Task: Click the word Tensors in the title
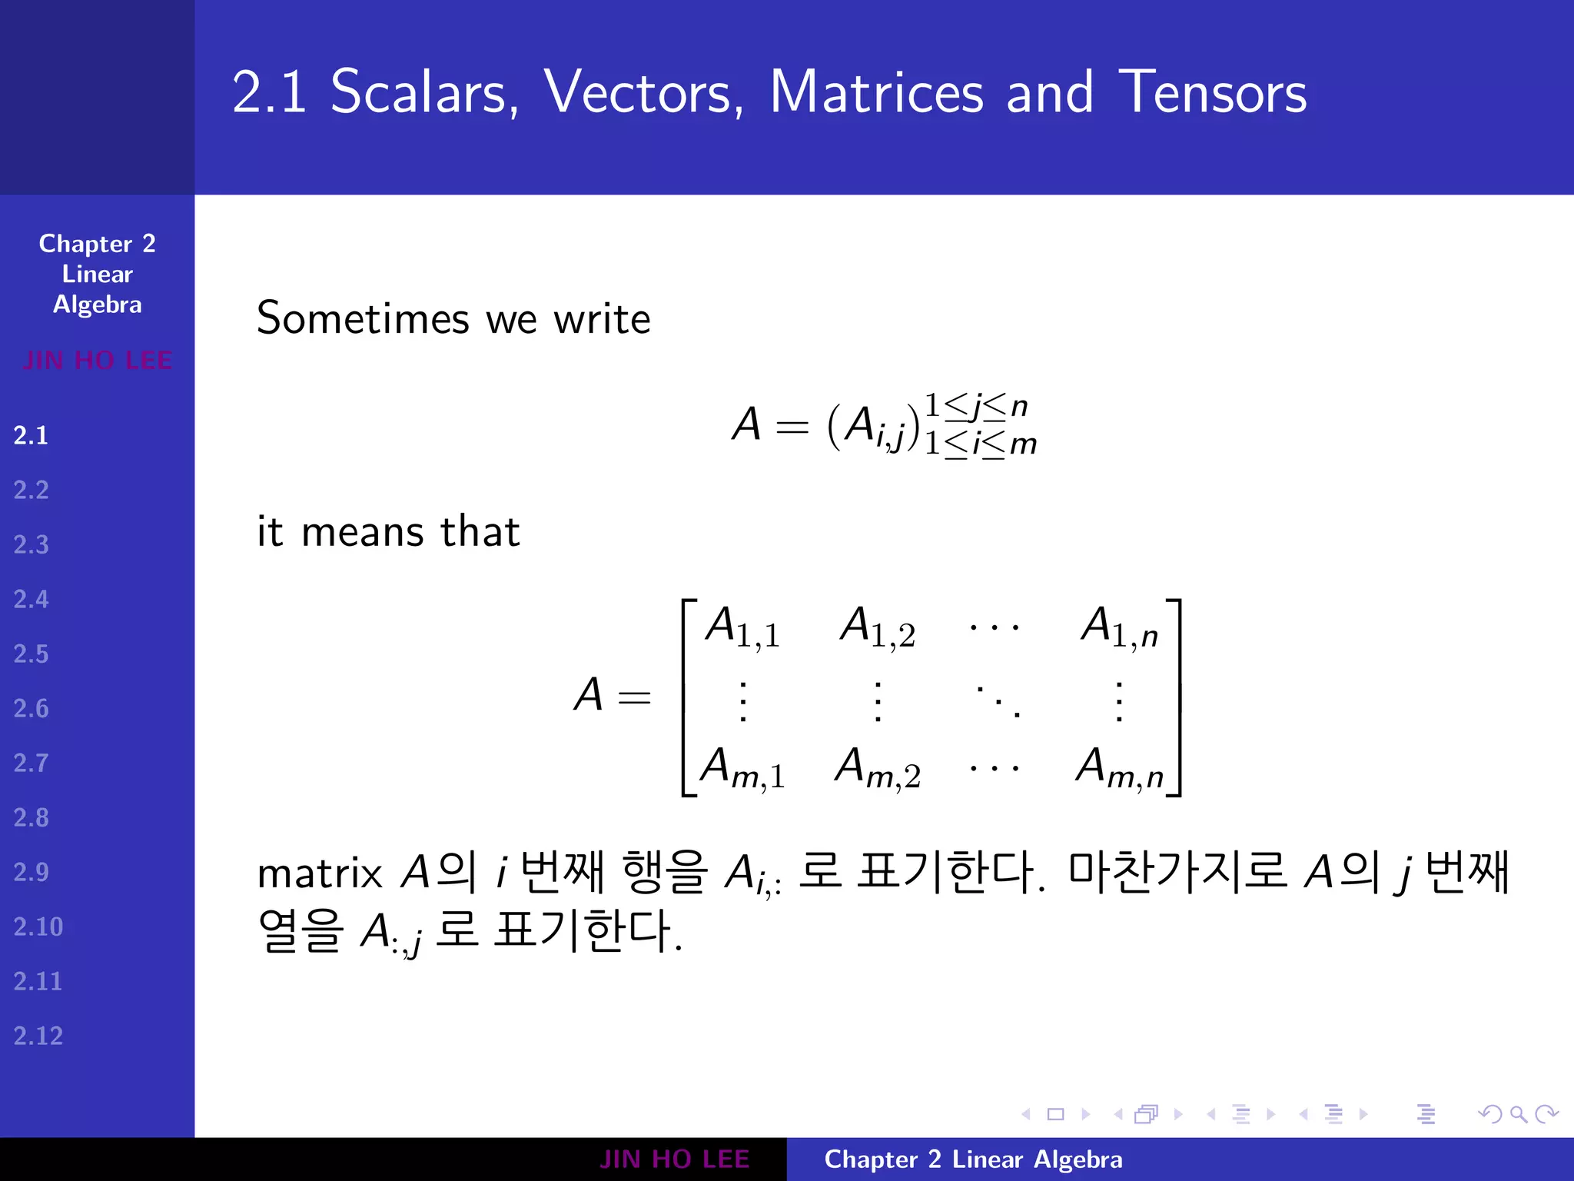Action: pos(1212,92)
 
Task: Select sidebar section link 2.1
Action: pos(31,436)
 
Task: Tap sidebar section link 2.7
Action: pos(31,763)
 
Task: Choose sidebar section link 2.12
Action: pos(38,1036)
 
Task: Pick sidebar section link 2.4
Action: pos(31,600)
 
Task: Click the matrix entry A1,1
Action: pos(742,627)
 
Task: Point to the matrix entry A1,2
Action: pos(877,627)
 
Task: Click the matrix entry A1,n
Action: pos(1119,627)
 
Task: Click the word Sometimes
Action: pos(363,318)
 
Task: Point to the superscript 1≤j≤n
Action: pos(975,406)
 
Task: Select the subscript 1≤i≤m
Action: pos(980,444)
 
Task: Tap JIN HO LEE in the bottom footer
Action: pos(674,1159)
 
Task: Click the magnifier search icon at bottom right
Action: pos(1518,1114)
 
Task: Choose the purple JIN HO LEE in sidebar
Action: pos(98,361)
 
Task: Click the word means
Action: pos(363,532)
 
